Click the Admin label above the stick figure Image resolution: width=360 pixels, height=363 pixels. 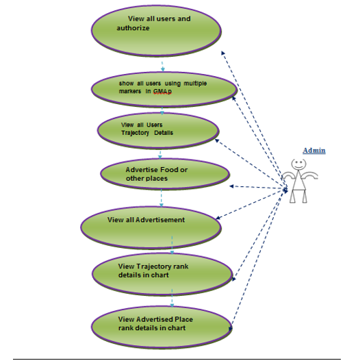314,151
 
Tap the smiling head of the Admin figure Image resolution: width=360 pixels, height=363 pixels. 298,164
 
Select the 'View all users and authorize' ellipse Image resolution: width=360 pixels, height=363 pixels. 156,31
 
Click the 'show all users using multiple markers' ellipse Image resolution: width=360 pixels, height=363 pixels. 164,90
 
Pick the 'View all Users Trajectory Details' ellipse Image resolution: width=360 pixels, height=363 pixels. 158,131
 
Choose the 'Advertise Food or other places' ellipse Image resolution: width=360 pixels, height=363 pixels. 165,174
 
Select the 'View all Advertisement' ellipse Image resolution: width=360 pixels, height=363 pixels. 151,228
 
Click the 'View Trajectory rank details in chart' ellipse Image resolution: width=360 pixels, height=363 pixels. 162,275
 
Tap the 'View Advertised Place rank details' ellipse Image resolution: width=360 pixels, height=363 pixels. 162,327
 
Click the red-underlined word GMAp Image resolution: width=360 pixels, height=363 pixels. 162,92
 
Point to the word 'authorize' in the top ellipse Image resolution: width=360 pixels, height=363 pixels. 133,28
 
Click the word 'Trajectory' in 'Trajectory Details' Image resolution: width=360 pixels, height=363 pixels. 135,133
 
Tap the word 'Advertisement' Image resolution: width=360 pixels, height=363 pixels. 160,220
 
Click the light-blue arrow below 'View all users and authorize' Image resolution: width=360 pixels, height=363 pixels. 162,66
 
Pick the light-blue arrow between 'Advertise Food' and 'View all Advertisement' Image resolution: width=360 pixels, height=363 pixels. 162,198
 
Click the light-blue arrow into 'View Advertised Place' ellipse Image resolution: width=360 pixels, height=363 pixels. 172,298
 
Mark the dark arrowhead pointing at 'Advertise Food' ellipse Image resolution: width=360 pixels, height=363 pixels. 231,186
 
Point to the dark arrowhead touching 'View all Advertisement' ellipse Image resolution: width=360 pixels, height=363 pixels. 218,218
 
